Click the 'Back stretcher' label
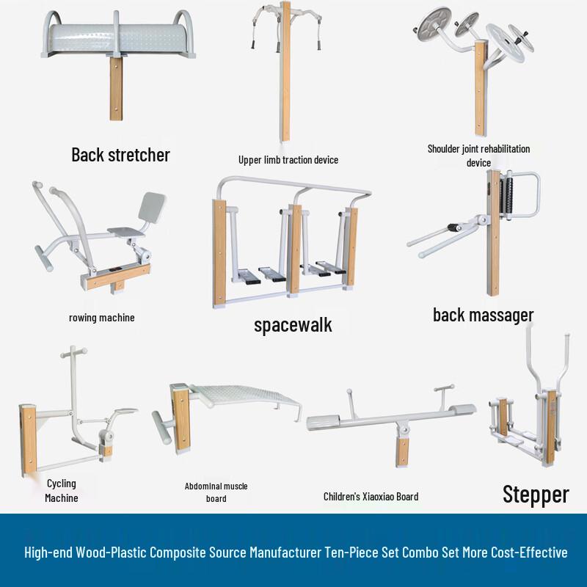click(120, 155)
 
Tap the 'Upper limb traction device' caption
click(288, 159)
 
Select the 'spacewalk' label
click(293, 325)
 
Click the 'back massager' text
click(483, 316)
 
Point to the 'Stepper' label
click(536, 494)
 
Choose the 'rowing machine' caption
click(102, 318)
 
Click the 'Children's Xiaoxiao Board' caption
click(371, 497)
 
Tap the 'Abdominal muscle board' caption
click(216, 492)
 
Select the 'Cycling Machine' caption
click(61, 490)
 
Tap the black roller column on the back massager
click(506, 195)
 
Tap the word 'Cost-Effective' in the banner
click(528, 553)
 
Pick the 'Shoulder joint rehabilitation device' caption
click(478, 155)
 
